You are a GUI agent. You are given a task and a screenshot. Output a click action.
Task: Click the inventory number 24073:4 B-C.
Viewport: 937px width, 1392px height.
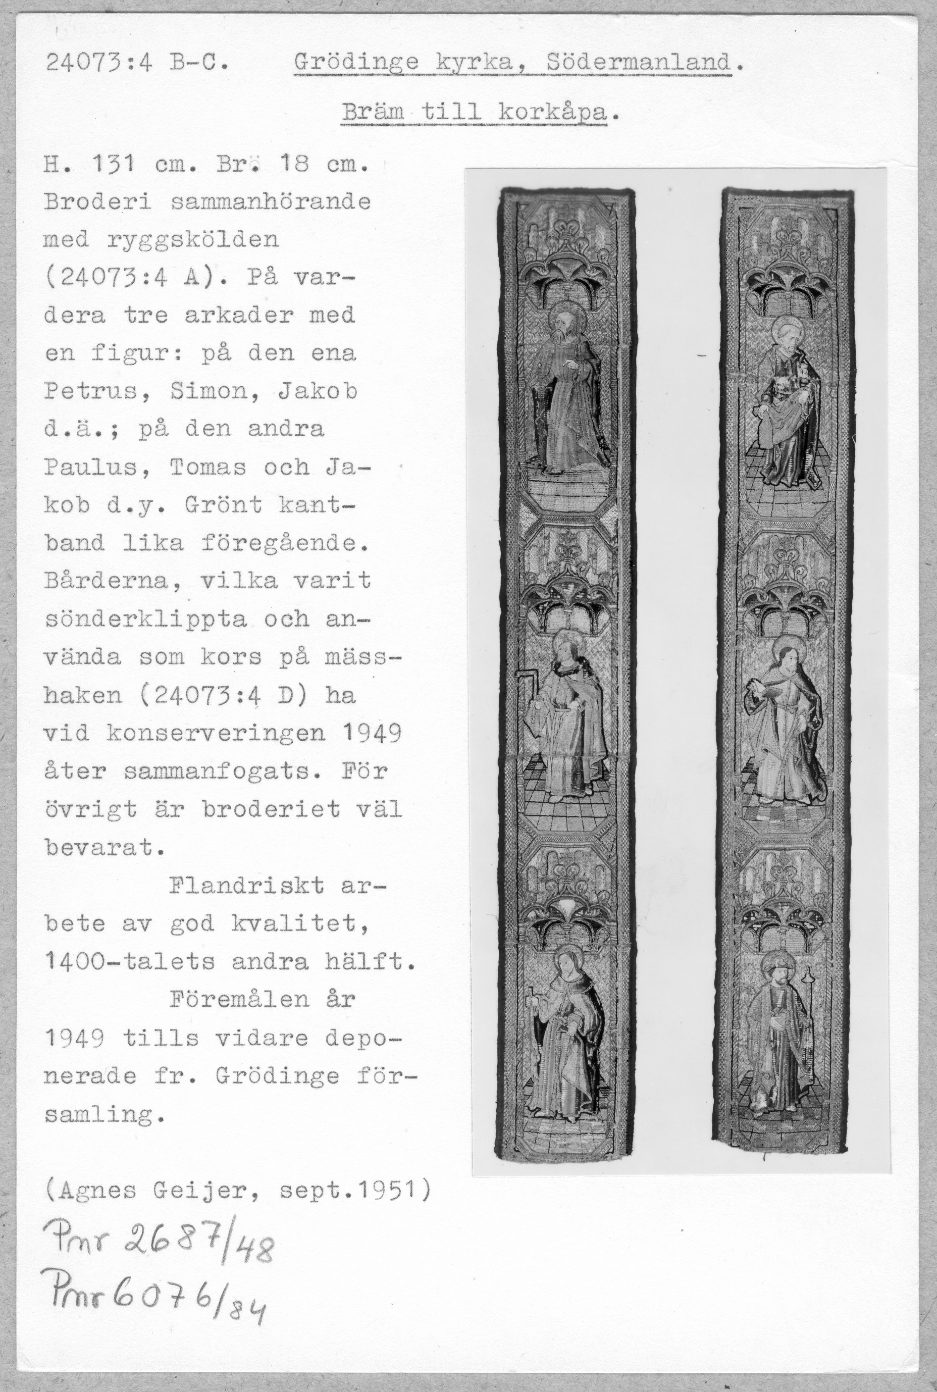[x=136, y=62]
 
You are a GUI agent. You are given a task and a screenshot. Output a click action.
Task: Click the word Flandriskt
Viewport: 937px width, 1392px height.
[x=246, y=885]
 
